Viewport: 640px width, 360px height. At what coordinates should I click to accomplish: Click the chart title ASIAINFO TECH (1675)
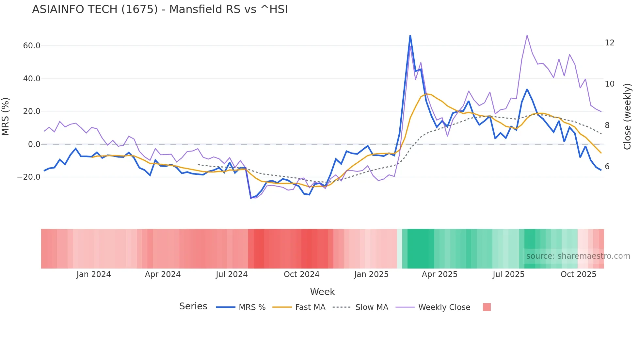click(x=160, y=9)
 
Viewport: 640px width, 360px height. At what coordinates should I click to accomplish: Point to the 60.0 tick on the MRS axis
click(x=32, y=46)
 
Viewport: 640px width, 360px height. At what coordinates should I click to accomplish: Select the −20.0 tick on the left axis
click(x=29, y=177)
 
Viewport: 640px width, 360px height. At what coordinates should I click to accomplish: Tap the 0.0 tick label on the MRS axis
click(x=34, y=144)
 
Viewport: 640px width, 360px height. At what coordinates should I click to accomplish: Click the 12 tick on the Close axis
click(x=609, y=43)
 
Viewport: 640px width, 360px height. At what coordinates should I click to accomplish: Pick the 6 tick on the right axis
click(x=607, y=167)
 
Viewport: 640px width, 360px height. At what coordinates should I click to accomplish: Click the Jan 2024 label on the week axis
click(x=94, y=274)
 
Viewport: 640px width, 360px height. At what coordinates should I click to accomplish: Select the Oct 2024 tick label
click(x=301, y=274)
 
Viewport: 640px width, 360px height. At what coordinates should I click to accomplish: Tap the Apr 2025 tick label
click(x=440, y=274)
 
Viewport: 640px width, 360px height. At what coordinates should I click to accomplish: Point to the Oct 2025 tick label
click(x=578, y=274)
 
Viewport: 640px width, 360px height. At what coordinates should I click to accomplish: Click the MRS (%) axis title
click(x=6, y=117)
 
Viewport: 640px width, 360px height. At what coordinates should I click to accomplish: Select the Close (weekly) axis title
click(x=627, y=117)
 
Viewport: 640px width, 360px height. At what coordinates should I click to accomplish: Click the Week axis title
click(x=322, y=292)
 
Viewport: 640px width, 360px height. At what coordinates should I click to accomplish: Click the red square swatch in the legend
click(x=487, y=307)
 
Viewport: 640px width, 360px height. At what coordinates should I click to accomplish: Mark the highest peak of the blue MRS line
click(x=410, y=36)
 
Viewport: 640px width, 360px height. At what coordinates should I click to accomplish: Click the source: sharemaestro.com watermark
click(x=578, y=256)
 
